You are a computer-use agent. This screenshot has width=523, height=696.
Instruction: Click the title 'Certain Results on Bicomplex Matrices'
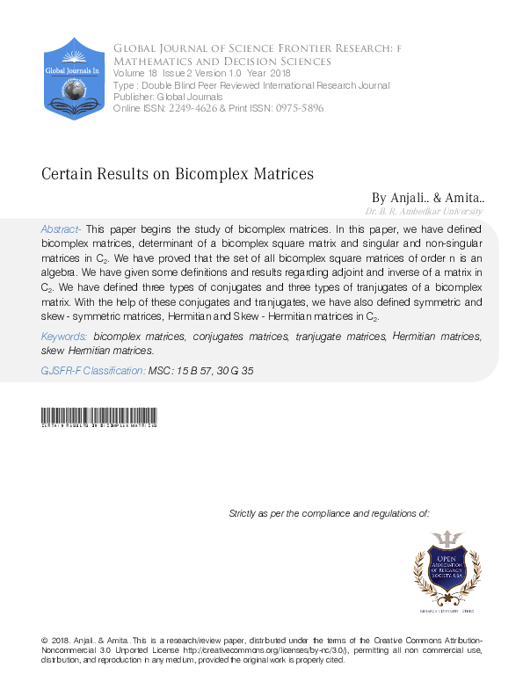click(178, 174)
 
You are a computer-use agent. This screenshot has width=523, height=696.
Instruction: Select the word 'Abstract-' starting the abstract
click(61, 228)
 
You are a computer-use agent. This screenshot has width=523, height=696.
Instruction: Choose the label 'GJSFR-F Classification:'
click(93, 372)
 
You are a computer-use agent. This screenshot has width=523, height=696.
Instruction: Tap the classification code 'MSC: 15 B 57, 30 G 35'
click(201, 372)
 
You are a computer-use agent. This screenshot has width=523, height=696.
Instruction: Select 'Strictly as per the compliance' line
click(329, 512)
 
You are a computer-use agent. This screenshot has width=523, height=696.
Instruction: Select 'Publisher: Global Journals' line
click(168, 96)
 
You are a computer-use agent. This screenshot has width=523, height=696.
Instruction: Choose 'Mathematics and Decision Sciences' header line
click(222, 62)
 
